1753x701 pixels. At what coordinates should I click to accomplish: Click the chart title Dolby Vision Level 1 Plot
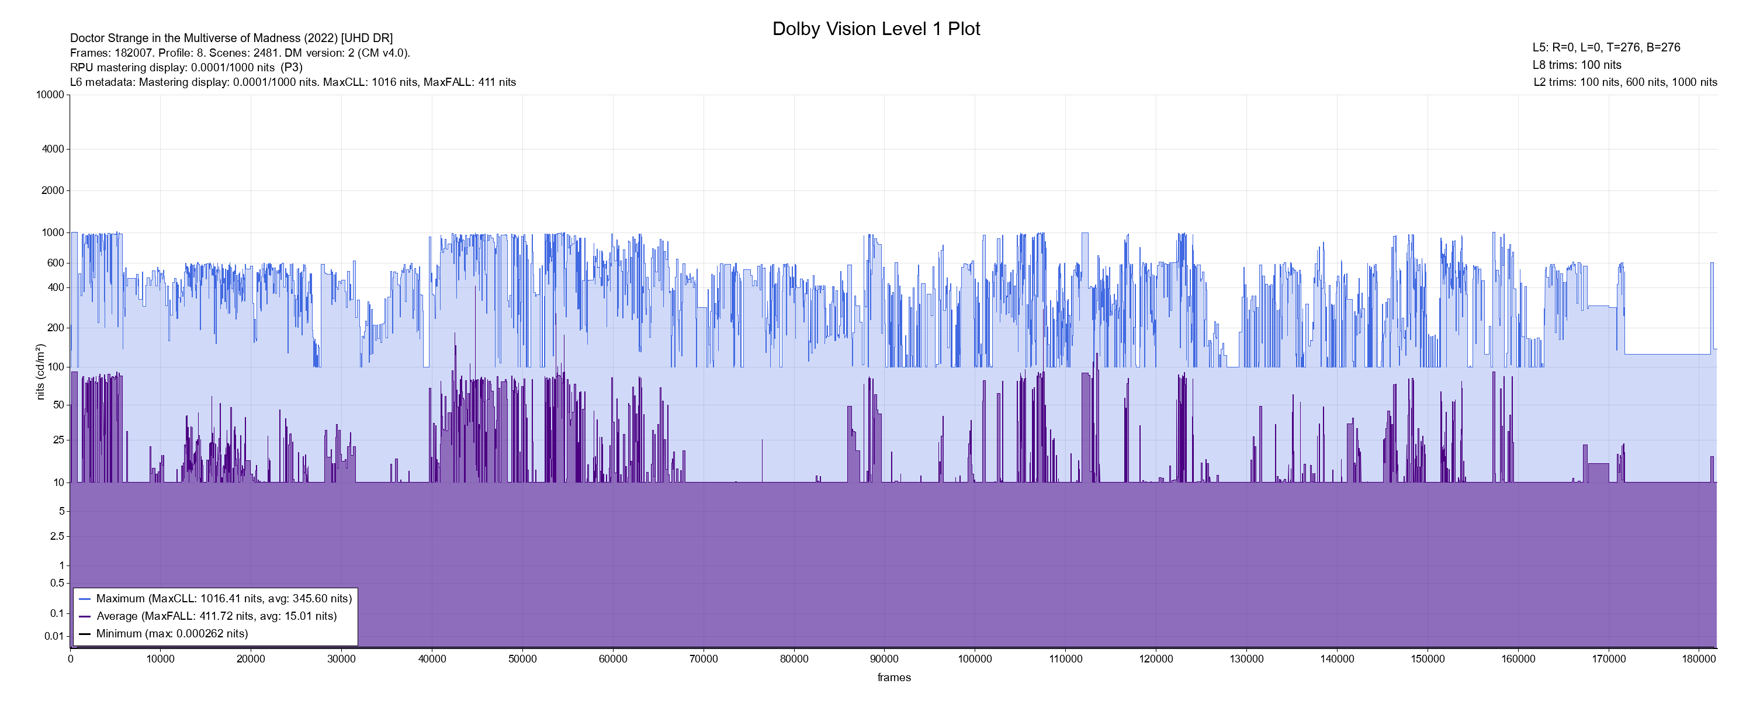[x=876, y=29]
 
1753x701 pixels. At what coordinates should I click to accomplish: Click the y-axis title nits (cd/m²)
[x=40, y=372]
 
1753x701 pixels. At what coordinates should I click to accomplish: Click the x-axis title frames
[x=893, y=677]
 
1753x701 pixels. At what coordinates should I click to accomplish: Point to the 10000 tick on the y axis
[x=50, y=95]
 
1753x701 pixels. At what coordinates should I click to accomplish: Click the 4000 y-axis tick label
[x=53, y=149]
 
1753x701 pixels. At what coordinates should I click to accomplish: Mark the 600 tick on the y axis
[x=56, y=263]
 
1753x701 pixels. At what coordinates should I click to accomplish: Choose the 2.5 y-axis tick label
[x=57, y=536]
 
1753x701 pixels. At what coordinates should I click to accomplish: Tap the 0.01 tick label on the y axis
[x=54, y=636]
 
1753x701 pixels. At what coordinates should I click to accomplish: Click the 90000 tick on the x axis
[x=884, y=659]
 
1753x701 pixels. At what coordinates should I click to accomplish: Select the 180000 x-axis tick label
[x=1699, y=659]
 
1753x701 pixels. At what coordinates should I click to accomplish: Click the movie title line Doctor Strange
[x=231, y=38]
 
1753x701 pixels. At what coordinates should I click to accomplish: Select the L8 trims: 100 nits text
[x=1577, y=65]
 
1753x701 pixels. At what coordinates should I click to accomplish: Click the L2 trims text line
[x=1625, y=82]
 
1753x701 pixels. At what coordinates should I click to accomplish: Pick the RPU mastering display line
[x=186, y=67]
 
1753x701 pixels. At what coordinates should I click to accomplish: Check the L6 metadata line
[x=293, y=82]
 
